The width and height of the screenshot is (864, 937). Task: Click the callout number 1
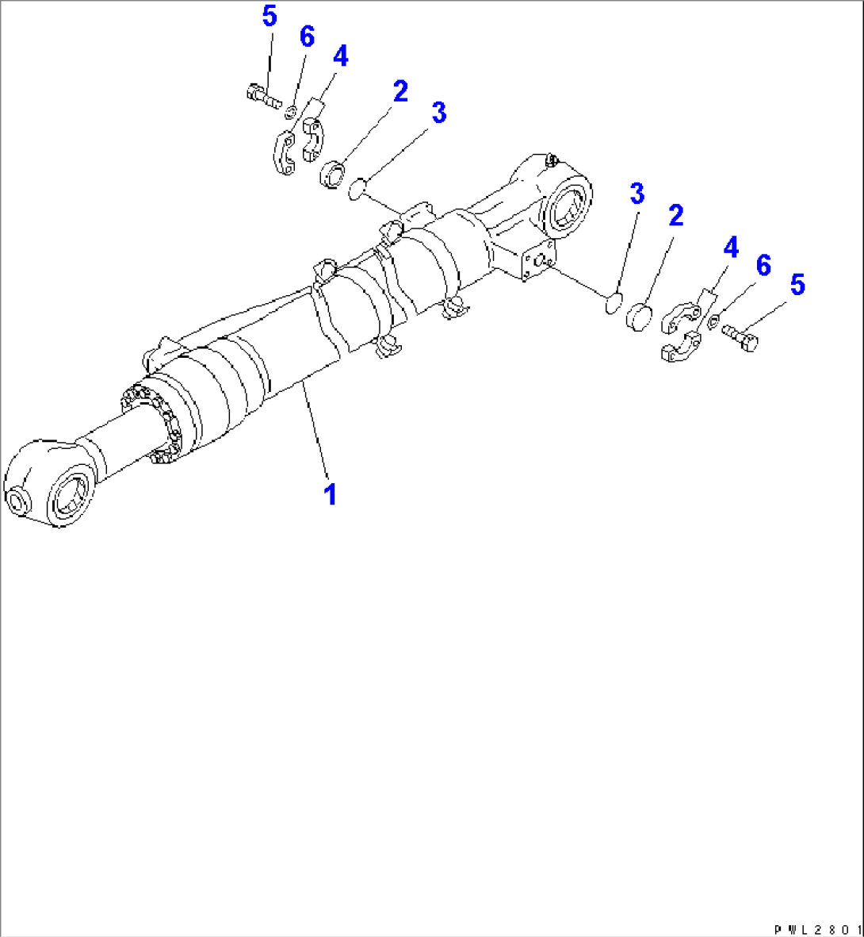(331, 493)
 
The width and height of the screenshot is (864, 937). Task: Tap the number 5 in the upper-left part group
(270, 17)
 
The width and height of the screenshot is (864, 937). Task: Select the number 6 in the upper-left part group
(306, 36)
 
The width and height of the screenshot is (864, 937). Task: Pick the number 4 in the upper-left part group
(340, 56)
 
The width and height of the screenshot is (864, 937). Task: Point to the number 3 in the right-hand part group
(637, 193)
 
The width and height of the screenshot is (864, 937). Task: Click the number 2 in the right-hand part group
(675, 215)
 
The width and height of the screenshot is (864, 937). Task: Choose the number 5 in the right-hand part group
(797, 285)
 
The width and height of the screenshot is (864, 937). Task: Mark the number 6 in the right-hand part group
(763, 266)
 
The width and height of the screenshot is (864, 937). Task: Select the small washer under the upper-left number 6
(292, 109)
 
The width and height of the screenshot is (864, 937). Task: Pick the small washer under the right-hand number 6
(713, 322)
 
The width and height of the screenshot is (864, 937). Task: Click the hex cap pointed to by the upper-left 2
(333, 173)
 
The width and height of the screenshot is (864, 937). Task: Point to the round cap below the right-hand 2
(639, 316)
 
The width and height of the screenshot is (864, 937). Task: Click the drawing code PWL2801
(817, 928)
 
